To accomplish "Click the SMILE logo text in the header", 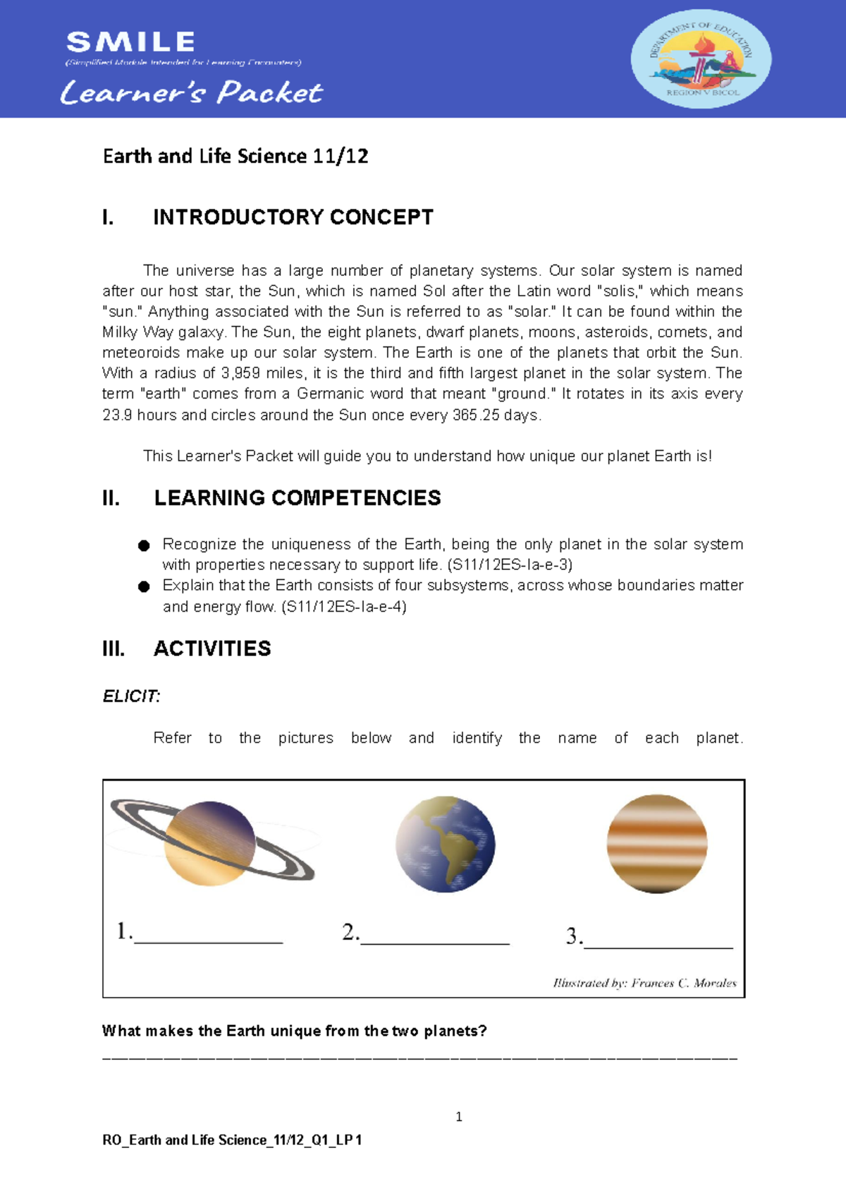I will point(130,42).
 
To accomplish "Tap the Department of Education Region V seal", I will point(701,59).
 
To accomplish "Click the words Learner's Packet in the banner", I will point(192,92).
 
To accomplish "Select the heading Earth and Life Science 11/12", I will point(235,156).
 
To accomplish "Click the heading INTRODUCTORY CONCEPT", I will point(293,217).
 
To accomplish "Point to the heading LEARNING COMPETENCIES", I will point(297,497).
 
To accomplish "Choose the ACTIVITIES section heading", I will point(211,648).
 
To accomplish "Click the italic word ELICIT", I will point(131,696).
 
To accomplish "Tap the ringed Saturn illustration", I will point(211,842).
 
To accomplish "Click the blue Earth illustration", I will point(445,844).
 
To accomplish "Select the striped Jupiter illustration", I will point(656,844).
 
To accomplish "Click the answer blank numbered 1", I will point(208,935).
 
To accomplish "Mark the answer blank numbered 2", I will point(434,936).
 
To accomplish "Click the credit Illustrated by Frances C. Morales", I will point(644,983).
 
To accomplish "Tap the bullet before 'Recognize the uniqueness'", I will point(144,545).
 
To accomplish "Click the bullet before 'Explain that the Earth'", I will point(144,586).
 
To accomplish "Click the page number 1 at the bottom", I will point(459,1116).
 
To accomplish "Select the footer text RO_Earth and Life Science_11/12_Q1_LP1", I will point(232,1140).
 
